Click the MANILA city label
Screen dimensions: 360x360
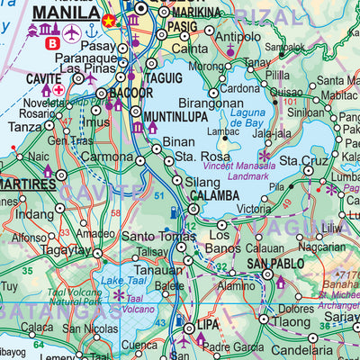click(x=65, y=14)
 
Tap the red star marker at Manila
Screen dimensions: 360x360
click(x=109, y=20)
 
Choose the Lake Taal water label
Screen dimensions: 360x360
click(x=123, y=282)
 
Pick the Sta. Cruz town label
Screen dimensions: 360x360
click(x=302, y=162)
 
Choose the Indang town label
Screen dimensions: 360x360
click(x=35, y=214)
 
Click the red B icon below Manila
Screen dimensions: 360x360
click(x=51, y=42)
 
